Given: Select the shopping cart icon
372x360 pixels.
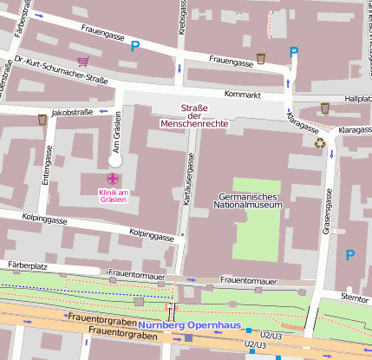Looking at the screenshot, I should (83, 62).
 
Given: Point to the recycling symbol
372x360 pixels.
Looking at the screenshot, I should (320, 142).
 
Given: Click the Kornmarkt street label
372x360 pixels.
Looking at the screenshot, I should (242, 93).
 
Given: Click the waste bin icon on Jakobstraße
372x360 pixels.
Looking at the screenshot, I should (42, 120).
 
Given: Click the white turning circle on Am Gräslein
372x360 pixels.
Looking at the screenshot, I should (115, 160).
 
